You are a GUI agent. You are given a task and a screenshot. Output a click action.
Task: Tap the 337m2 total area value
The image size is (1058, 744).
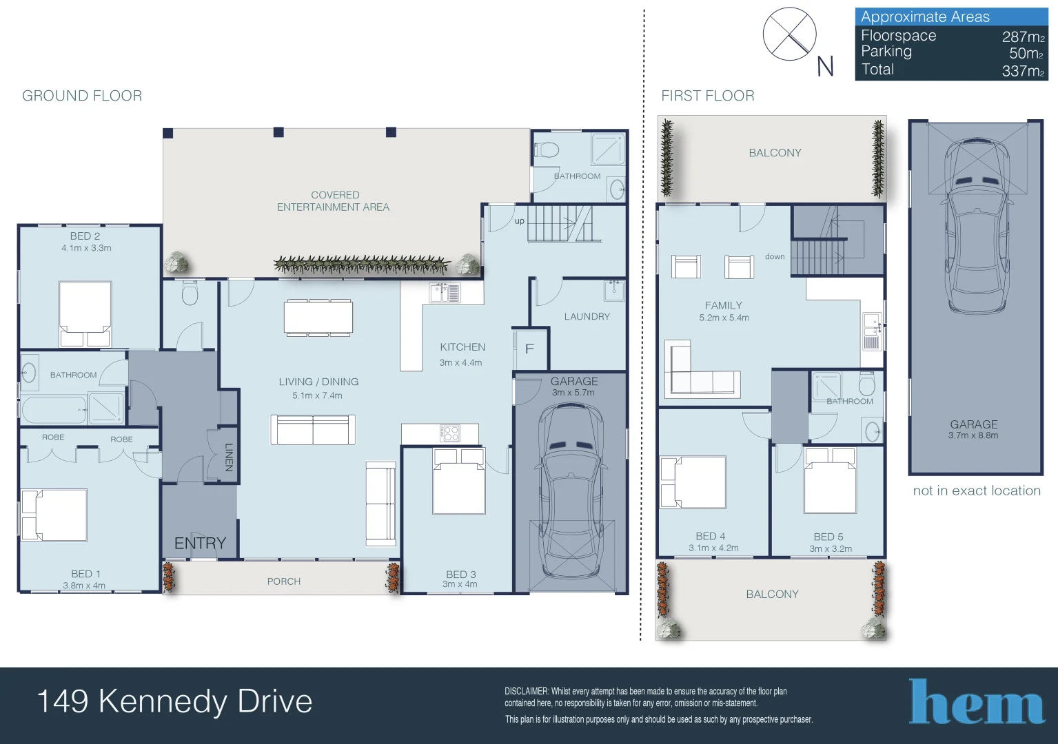(1023, 71)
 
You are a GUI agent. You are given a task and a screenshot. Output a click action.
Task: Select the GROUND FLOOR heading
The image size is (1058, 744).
(82, 96)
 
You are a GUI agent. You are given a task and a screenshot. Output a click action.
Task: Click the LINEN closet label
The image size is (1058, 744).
(229, 457)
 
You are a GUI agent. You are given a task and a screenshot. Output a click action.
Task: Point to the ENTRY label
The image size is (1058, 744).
(201, 544)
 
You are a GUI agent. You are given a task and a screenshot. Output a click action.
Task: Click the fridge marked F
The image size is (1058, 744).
(530, 349)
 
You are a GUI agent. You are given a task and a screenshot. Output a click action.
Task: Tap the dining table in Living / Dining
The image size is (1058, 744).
(318, 318)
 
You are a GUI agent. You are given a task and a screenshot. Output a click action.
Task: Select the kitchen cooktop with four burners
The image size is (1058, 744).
(449, 433)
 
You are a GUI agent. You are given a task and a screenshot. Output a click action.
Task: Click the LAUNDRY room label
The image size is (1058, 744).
(587, 316)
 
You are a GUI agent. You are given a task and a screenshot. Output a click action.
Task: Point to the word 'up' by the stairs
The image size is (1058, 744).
(520, 221)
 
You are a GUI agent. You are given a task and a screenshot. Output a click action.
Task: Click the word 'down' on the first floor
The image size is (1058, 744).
(775, 256)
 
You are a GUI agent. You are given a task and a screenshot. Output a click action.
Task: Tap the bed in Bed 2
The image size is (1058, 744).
(85, 314)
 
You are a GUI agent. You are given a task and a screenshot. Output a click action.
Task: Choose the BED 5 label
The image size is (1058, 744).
(828, 537)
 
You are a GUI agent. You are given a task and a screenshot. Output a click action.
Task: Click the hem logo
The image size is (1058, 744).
(976, 701)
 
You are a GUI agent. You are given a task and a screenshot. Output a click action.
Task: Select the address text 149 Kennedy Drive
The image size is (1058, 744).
(174, 701)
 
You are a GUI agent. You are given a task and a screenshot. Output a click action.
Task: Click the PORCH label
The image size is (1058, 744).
(284, 581)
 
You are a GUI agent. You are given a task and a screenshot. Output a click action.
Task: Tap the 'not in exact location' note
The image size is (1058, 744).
(977, 491)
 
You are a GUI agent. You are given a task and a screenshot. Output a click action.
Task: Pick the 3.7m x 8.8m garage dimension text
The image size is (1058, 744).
(973, 435)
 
